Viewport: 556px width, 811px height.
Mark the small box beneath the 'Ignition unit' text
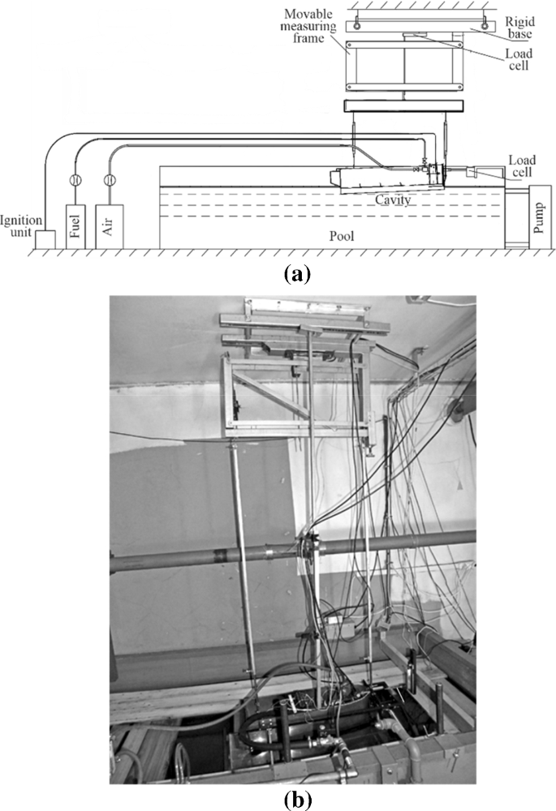[42, 239]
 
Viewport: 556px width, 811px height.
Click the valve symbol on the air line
[108, 180]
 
